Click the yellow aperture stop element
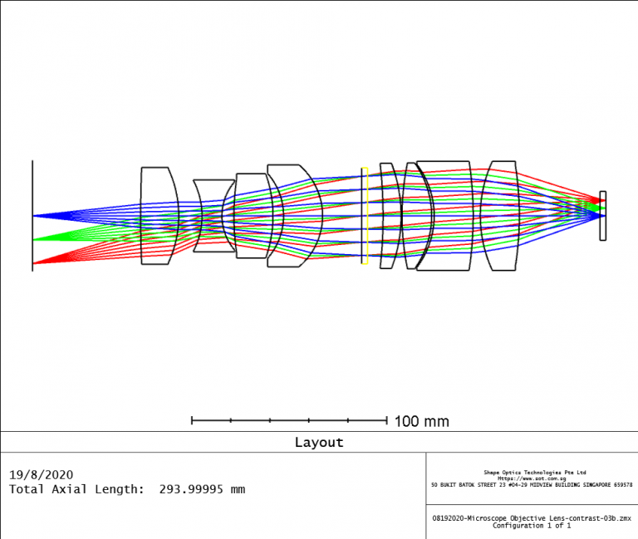coord(365,216)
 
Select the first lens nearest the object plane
coord(159,216)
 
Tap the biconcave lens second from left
coord(213,216)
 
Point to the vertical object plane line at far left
coord(32,191)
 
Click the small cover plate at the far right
coord(603,216)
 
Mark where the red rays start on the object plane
coord(33,264)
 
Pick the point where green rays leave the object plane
coord(33,240)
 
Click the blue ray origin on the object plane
coord(33,216)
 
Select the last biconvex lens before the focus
coord(501,216)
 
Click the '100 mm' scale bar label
coord(421,422)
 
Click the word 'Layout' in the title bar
coord(318,443)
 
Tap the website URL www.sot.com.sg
coord(532,478)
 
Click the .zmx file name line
coord(532,517)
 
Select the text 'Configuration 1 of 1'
coord(532,525)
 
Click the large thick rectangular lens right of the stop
coord(447,216)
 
